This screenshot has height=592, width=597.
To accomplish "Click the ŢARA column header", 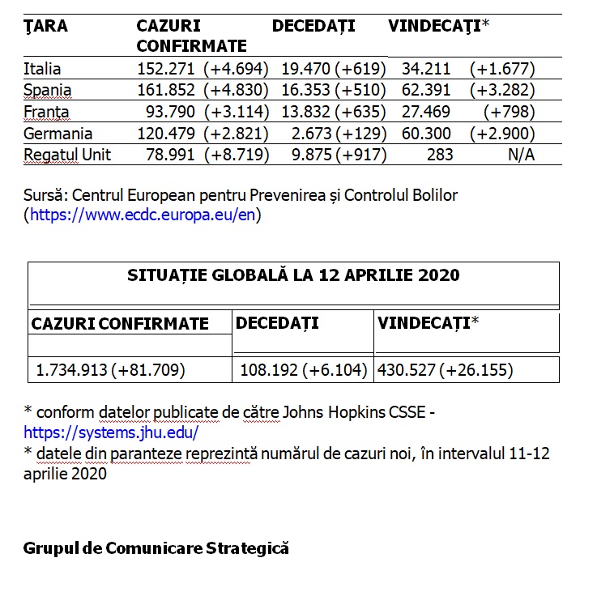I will point(45,26).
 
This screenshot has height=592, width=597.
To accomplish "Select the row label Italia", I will point(42,69).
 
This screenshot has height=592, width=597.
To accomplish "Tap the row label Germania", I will point(58,134).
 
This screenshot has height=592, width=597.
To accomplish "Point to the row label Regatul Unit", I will point(67,155).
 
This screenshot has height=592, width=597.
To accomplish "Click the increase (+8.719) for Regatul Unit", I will point(237,155).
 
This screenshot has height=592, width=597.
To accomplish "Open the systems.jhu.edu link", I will point(110,432).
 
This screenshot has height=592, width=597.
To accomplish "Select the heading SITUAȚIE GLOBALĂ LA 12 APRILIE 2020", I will point(293,275).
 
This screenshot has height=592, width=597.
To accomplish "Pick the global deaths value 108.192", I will point(269,370).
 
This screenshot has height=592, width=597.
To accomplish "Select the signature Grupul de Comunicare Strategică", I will point(156,548).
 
